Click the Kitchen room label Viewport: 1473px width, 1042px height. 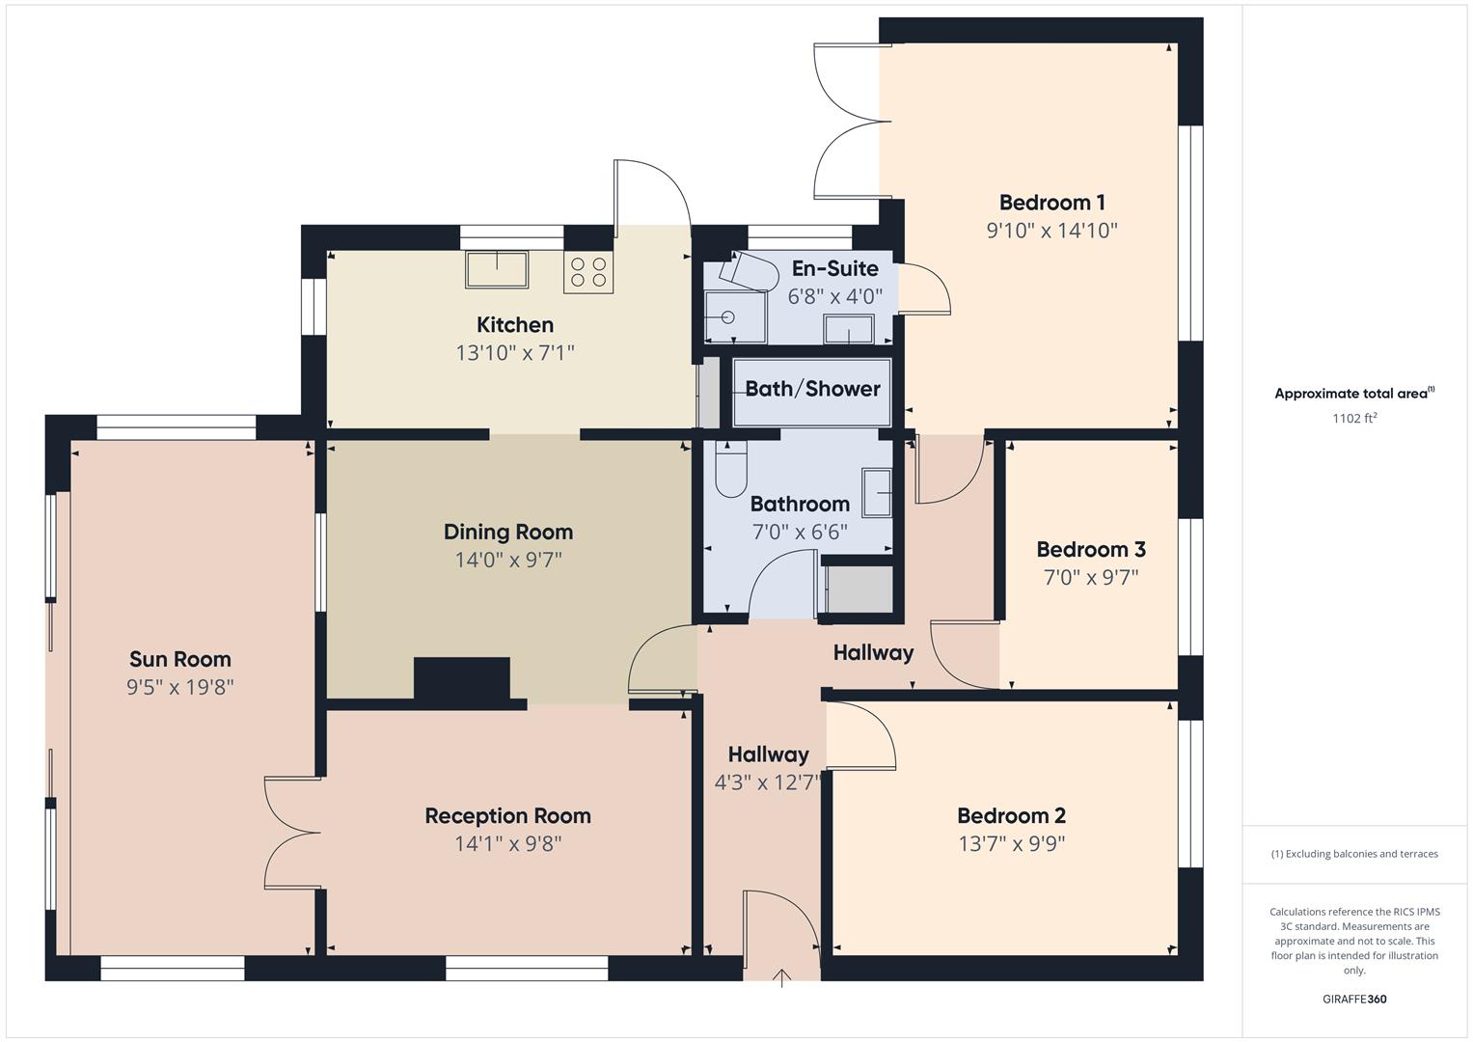tap(515, 325)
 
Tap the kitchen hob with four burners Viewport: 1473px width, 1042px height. tap(588, 271)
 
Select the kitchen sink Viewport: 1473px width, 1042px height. tap(497, 269)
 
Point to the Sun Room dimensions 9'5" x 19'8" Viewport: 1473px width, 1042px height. tap(180, 687)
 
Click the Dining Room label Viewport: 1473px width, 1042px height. tap(508, 532)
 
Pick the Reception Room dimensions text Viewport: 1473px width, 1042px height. tap(508, 843)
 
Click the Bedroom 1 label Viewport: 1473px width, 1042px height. tap(1051, 203)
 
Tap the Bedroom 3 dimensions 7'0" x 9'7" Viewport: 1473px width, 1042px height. tap(1091, 577)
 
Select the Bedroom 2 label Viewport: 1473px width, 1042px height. tap(1011, 815)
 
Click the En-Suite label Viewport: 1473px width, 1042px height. tap(834, 268)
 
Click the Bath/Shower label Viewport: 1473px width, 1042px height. tap(812, 389)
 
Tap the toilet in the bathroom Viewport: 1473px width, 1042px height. tap(731, 468)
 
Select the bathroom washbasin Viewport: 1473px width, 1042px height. tap(877, 493)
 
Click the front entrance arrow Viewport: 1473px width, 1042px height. tap(781, 978)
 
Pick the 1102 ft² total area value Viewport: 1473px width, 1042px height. tap(1354, 418)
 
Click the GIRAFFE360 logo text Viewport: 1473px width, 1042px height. tap(1354, 999)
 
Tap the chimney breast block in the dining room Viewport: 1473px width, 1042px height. tap(461, 678)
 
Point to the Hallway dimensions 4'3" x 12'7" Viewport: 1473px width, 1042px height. tap(768, 782)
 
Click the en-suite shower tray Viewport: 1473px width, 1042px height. tap(735, 317)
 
